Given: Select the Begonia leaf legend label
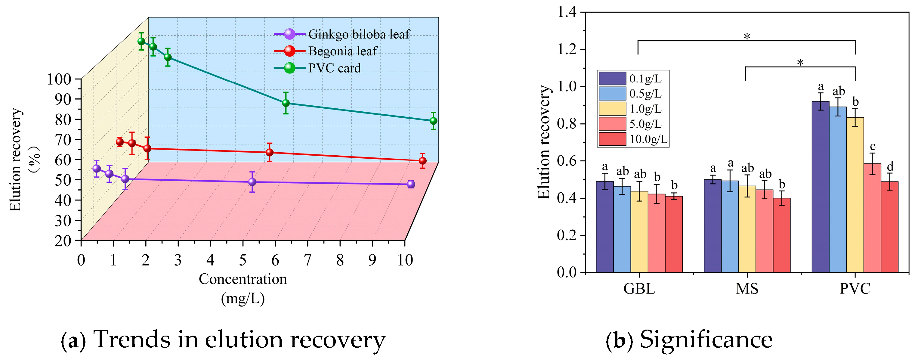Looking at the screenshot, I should point(342,51).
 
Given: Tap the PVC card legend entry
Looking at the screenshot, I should point(334,68).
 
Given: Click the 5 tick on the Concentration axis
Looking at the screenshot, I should point(243,260).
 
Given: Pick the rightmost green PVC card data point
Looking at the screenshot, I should point(433,121).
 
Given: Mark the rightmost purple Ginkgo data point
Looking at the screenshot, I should point(411,184).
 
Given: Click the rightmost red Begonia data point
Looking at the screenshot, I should point(423,161).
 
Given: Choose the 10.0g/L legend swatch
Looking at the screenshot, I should point(612,139).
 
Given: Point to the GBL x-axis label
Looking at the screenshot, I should point(639,289).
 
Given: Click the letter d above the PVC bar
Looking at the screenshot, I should point(890,167).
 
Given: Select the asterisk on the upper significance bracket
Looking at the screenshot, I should point(747,37).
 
